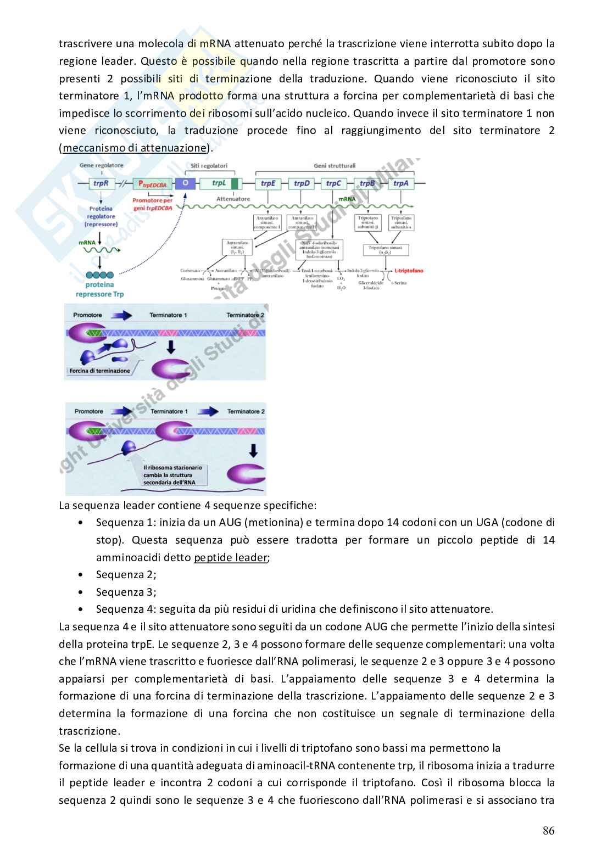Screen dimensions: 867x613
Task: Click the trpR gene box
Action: [101, 183]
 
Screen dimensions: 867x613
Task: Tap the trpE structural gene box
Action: [268, 183]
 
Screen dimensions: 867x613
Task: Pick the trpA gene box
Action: [400, 183]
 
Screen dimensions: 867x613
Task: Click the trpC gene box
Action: [334, 183]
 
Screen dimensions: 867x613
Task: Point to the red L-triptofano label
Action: [409, 271]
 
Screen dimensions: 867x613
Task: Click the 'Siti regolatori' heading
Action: [209, 165]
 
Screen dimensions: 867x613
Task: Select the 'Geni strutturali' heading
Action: [335, 165]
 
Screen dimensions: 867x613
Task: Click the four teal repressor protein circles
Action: [99, 275]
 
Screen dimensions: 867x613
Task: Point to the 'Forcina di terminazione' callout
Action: [99, 371]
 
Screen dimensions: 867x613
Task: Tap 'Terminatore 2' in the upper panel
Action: [245, 315]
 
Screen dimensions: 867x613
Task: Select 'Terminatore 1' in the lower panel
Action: [169, 411]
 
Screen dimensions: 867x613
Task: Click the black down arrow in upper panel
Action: [171, 346]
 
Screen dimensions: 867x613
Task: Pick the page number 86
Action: [548, 830]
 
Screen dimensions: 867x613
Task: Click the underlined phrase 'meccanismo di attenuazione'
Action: [134, 148]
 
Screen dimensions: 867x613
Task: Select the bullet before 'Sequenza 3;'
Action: [81, 592]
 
